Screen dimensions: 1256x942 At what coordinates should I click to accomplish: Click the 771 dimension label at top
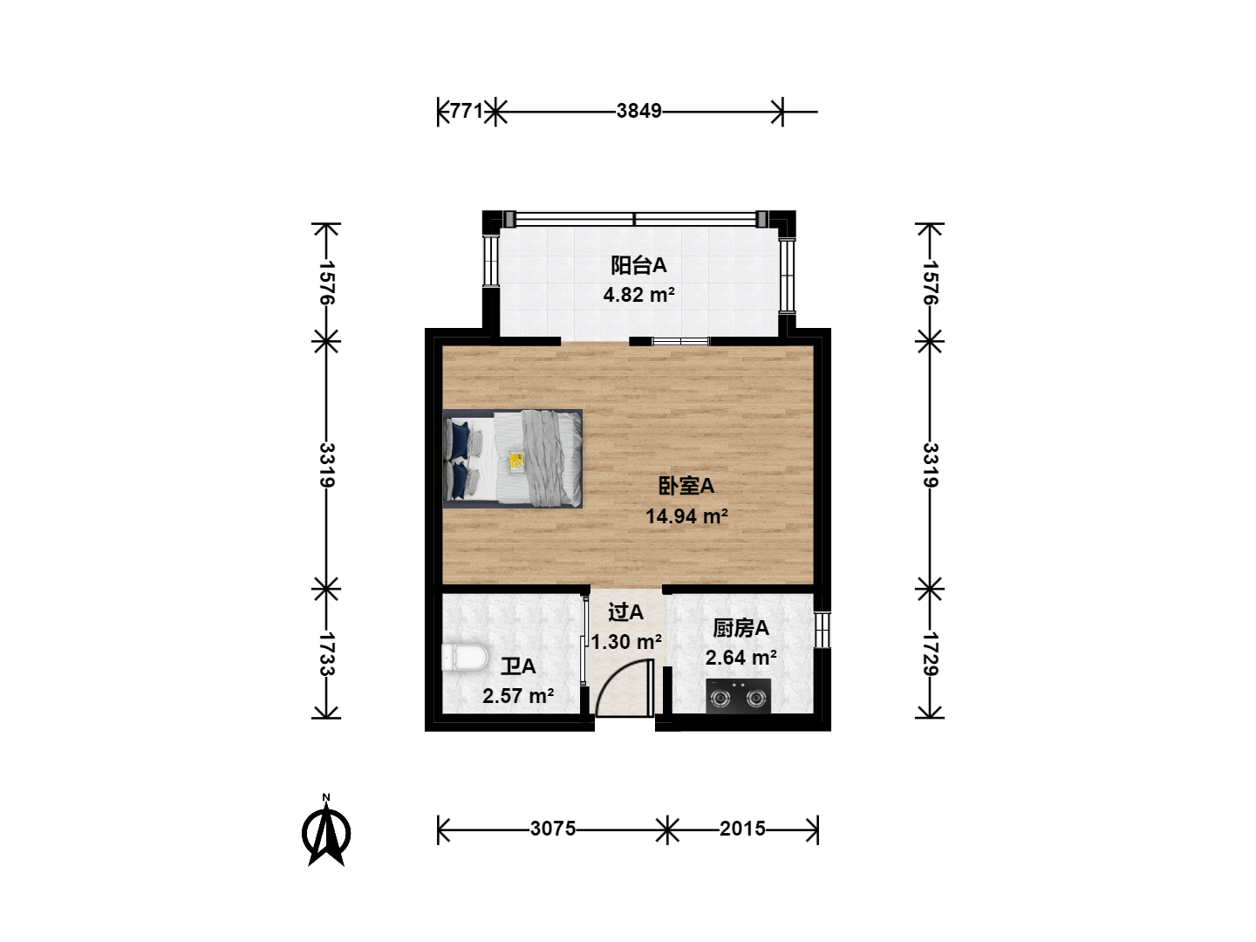tap(467, 111)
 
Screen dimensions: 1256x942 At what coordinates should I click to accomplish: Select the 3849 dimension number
tap(638, 111)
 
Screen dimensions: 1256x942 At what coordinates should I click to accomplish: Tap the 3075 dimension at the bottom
tap(552, 829)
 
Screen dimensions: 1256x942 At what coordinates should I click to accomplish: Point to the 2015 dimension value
tap(742, 829)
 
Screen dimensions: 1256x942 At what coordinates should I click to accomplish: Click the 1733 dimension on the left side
tap(326, 653)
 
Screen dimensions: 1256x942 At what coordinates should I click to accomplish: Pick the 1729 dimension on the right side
tap(931, 653)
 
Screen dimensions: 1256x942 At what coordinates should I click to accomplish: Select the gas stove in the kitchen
tap(738, 696)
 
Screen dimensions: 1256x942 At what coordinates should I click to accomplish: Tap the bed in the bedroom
tap(513, 459)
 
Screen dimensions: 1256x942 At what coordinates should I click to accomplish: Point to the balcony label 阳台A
tap(638, 265)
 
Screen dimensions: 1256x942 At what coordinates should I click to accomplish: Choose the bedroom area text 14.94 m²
tap(686, 516)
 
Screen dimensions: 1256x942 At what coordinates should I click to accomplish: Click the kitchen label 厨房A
tap(741, 629)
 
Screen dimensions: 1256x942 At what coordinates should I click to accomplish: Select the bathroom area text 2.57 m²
tap(518, 696)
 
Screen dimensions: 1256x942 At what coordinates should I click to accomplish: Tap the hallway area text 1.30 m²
tap(626, 642)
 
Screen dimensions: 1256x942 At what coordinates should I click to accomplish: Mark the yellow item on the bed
tap(516, 461)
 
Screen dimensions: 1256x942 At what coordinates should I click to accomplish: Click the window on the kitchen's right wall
tap(823, 630)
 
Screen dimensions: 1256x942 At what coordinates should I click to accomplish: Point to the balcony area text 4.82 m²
tap(638, 295)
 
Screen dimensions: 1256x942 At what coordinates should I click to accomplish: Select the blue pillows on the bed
tap(459, 460)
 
